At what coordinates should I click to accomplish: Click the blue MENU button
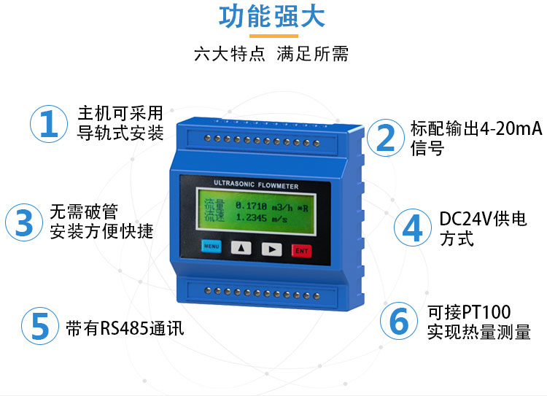[212, 246]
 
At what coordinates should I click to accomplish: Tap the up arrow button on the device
[241, 248]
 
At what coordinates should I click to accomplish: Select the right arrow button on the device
[272, 249]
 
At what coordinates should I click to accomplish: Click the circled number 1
[49, 124]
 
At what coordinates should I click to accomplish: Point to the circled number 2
[386, 138]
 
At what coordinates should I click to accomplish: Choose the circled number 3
[24, 222]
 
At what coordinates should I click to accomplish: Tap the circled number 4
[413, 228]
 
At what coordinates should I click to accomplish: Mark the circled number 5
[40, 326]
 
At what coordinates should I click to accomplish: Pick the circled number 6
[399, 321]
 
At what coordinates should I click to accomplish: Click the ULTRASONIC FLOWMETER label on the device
[256, 185]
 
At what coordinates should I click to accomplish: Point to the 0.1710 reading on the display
[251, 206]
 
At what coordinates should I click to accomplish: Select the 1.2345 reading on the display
[251, 218]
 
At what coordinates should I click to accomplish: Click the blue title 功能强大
[272, 16]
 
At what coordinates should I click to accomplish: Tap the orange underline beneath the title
[273, 36]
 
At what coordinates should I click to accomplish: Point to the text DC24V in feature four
[466, 219]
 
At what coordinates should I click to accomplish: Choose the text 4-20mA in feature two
[511, 128]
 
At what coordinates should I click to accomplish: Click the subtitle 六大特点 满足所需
[271, 54]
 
